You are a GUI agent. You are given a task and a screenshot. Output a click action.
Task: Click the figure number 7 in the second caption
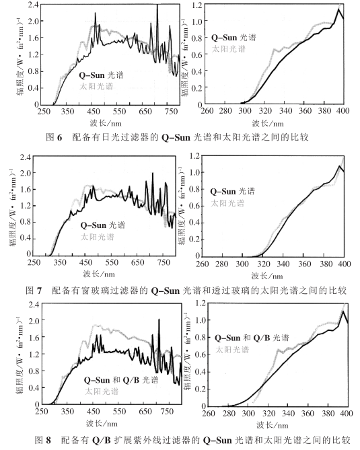click(39, 291)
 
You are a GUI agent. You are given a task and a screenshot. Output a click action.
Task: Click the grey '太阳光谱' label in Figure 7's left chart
click(98, 237)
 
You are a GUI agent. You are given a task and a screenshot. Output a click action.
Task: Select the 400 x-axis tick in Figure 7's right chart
click(341, 265)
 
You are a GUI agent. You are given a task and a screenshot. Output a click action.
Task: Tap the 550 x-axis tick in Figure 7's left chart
click(119, 265)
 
